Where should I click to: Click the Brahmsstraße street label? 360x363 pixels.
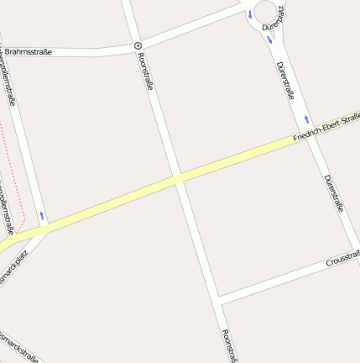28,52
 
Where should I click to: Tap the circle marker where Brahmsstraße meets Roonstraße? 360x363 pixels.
138,45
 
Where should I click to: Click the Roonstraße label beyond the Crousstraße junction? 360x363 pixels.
227,345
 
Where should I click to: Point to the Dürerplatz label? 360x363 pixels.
274,18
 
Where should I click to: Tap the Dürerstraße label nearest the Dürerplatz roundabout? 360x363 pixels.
286,79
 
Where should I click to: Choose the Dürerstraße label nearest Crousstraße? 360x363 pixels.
334,193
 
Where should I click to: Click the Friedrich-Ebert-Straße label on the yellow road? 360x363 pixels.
326,128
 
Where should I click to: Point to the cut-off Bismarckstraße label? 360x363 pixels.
18,346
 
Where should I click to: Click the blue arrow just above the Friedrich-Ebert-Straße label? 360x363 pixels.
307,118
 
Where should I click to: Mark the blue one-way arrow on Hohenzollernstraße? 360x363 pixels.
42,216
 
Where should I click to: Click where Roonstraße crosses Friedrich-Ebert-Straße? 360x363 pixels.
178,177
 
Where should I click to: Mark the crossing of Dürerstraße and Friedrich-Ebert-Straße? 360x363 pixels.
313,134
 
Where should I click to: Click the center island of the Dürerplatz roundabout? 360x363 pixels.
267,11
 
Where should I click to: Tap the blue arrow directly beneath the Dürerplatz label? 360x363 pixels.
269,39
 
